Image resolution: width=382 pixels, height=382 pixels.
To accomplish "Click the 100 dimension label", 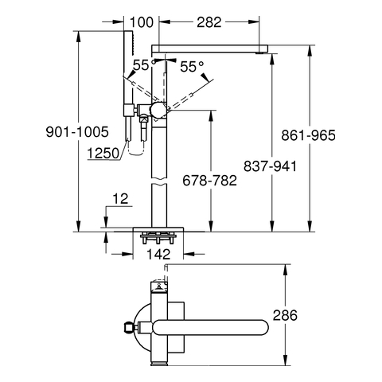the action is [142, 22].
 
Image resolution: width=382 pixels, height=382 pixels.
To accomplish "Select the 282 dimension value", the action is [209, 22].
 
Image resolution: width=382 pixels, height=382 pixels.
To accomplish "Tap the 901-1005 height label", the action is [77, 132].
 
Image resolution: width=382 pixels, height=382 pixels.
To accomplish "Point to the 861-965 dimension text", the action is [308, 135].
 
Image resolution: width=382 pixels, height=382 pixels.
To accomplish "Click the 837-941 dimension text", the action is [270, 166].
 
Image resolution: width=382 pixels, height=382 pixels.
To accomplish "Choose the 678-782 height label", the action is [209, 181].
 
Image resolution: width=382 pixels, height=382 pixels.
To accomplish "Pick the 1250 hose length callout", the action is [103, 154].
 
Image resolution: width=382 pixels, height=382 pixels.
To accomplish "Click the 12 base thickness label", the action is [120, 199].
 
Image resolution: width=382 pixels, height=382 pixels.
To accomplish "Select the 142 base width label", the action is [158, 255].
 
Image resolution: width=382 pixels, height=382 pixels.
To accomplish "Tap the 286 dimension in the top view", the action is [285, 315].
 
